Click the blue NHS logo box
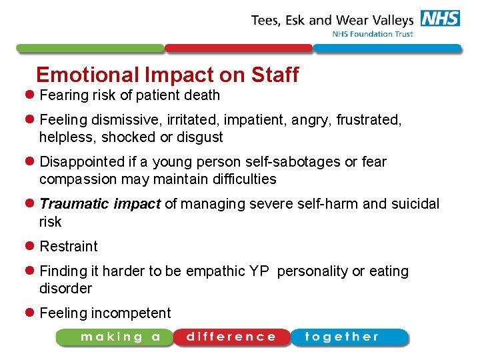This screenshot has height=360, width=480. coord(440,19)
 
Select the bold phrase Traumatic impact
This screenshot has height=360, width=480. coord(100,204)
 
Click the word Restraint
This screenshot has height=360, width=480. coord(69,247)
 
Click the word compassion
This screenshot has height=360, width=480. coord(78,179)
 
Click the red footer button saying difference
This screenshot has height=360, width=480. coord(231,337)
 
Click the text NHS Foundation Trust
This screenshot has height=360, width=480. coord(373,34)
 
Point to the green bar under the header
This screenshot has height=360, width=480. coord(89,49)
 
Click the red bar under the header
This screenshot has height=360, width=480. coord(238,49)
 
